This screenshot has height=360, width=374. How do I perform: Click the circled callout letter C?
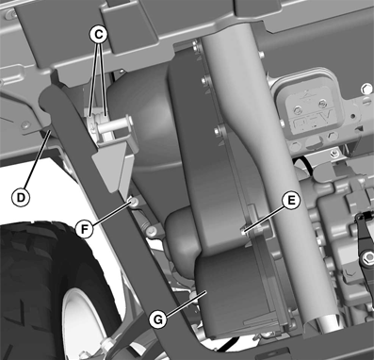(98, 35)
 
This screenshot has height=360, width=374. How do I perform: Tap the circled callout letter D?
(21, 198)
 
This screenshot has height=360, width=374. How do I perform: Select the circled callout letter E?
(291, 201)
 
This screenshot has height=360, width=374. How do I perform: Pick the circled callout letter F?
(85, 229)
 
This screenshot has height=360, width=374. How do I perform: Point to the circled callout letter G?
(158, 319)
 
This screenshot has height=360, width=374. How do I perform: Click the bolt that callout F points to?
(133, 202)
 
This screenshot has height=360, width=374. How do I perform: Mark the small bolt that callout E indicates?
(243, 233)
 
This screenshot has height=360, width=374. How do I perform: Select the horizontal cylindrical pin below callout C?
(116, 126)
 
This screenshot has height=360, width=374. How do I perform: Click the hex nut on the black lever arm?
(367, 258)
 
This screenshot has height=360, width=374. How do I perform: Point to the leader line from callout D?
(36, 160)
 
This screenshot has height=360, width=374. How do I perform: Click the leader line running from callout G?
(186, 303)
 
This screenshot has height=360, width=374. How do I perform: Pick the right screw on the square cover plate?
(322, 103)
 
